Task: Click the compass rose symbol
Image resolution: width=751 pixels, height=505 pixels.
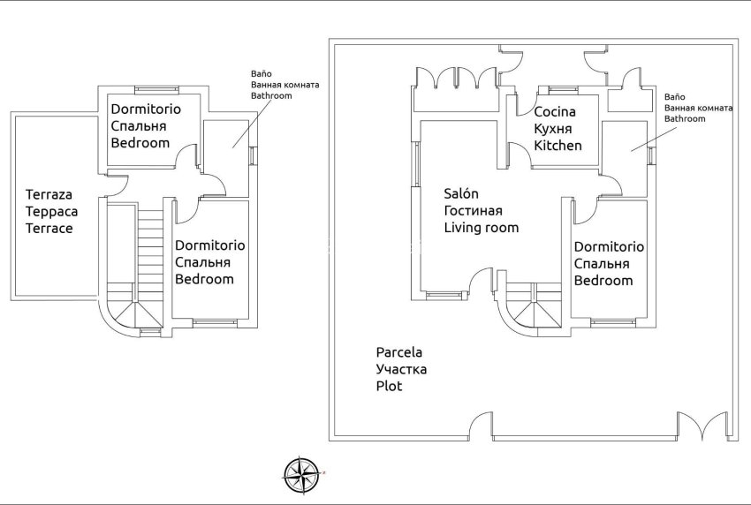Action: point(302,476)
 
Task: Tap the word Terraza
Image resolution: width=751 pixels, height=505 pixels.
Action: point(49,195)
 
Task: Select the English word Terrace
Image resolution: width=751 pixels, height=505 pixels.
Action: point(49,228)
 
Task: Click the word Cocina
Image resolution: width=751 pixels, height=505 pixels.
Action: point(555,112)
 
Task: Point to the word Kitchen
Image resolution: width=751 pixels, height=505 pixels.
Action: point(558,145)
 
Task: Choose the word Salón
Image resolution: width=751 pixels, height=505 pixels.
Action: point(461,194)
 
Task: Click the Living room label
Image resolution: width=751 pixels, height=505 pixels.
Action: point(481,227)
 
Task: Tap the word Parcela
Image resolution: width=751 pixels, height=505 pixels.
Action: point(399,352)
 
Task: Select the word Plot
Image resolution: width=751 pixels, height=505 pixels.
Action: point(389,386)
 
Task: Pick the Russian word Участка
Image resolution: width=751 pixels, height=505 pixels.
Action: point(401,369)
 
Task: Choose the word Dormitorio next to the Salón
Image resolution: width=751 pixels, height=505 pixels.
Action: point(609,247)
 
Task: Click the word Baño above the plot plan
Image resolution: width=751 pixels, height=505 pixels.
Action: point(674,95)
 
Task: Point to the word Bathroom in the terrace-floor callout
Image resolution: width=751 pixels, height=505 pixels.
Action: point(271,95)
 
